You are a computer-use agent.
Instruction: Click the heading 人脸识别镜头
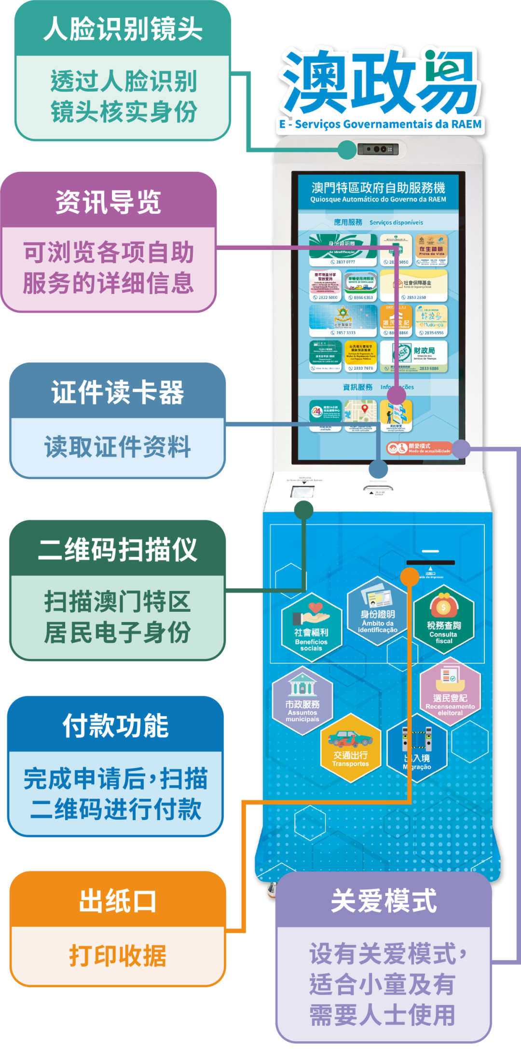[x=123, y=29]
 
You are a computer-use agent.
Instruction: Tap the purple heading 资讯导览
[x=109, y=202]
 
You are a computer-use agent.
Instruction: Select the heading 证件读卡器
[x=118, y=392]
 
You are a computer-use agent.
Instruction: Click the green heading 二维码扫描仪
[x=118, y=550]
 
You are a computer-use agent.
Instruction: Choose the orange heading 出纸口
[x=118, y=901]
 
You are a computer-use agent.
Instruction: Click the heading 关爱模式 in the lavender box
[x=384, y=900]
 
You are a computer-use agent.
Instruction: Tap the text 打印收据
[x=118, y=955]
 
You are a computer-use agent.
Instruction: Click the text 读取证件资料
[x=118, y=446]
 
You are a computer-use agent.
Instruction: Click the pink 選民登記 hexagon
[x=450, y=692]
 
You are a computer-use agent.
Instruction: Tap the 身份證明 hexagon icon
[x=378, y=610]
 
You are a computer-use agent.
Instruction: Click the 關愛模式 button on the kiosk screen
[x=419, y=448]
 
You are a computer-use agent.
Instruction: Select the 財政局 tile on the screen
[x=414, y=356]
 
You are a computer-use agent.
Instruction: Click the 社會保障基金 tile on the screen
[x=414, y=286]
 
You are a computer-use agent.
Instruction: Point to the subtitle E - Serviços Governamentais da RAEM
[x=380, y=124]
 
